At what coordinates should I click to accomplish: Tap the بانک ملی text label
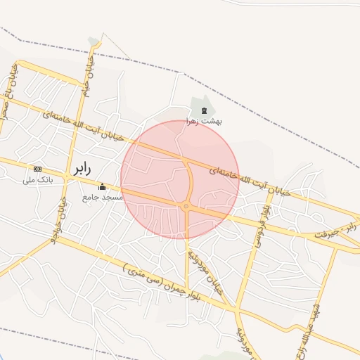[38, 179]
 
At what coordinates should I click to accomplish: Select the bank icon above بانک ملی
[37, 169]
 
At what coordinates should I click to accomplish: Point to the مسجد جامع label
[103, 198]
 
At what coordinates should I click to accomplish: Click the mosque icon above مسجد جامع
[103, 187]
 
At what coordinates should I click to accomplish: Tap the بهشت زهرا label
[204, 121]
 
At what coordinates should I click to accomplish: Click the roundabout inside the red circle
[186, 206]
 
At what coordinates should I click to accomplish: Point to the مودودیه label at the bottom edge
[243, 337]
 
